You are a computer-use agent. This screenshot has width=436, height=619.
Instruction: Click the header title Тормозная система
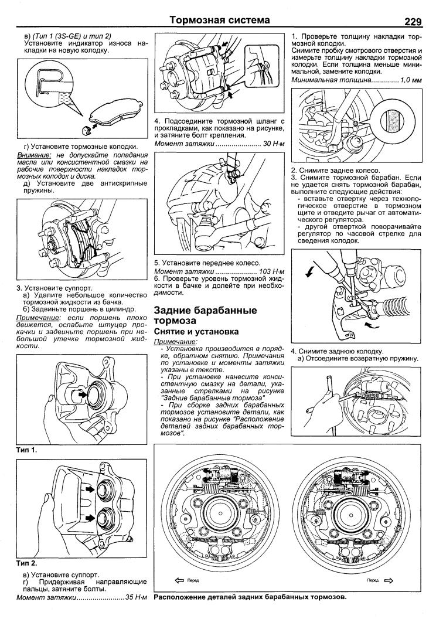pos(220,21)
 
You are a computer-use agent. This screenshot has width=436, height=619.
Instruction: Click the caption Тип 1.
pos(27,450)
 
